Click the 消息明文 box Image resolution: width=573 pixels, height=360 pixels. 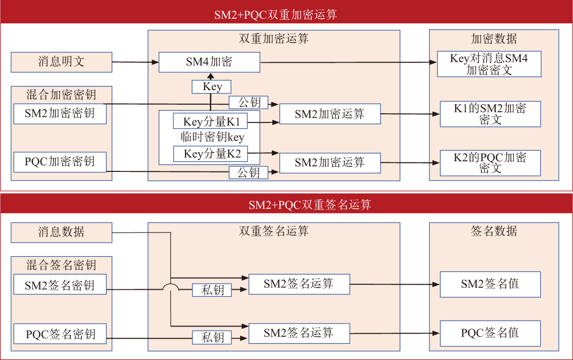click(x=61, y=62)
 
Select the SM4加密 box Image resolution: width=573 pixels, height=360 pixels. click(x=209, y=62)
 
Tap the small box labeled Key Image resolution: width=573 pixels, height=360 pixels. click(x=212, y=86)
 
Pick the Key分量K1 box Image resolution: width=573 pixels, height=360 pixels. click(x=212, y=122)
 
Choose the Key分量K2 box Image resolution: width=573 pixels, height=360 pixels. click(x=212, y=154)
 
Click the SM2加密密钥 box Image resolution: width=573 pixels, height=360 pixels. click(x=60, y=113)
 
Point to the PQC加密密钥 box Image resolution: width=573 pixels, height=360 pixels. click(x=60, y=162)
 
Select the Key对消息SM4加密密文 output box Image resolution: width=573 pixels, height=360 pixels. click(x=489, y=64)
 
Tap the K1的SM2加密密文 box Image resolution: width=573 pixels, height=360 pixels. click(x=490, y=114)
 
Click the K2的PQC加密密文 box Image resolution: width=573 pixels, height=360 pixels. click(x=490, y=162)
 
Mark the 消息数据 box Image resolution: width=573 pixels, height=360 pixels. click(x=61, y=232)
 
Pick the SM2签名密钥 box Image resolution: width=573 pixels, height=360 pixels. click(x=60, y=285)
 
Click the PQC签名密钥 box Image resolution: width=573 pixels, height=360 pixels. click(x=60, y=334)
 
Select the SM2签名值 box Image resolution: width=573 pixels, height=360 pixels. click(x=490, y=284)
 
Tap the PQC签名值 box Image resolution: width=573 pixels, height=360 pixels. click(x=490, y=333)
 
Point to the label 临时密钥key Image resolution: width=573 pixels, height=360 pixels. click(x=212, y=138)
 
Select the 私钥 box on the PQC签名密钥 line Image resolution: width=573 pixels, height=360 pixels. click(x=212, y=337)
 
